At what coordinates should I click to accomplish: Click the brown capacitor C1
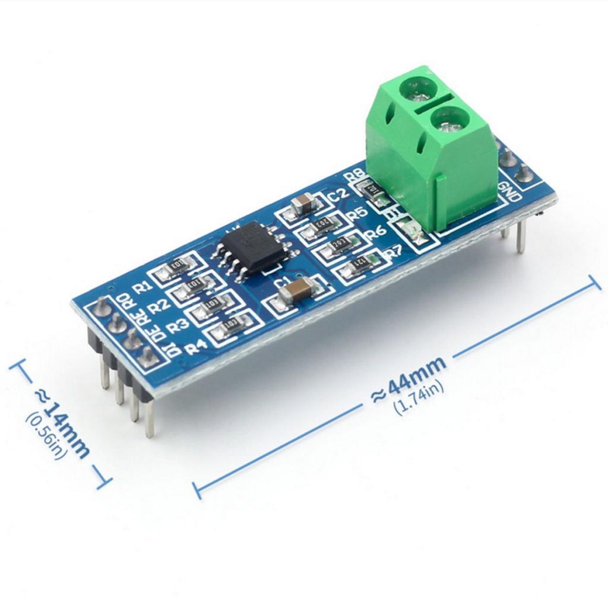coord(295,292)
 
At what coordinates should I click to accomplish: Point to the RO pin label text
coord(126,300)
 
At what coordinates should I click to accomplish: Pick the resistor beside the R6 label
coord(340,243)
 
